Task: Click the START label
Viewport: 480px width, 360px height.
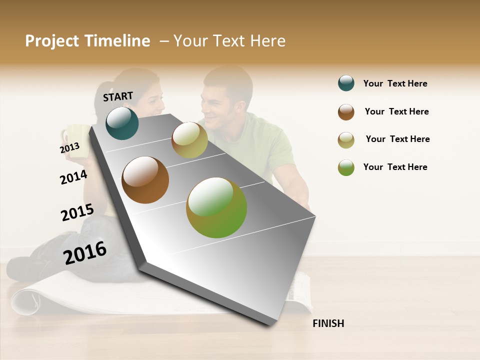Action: pos(118,96)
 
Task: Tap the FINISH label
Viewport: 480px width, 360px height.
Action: pos(328,323)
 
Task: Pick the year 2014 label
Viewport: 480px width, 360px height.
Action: pos(73,177)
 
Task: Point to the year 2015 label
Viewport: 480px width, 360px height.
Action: pos(77,212)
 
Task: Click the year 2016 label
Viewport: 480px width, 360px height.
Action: pos(85,252)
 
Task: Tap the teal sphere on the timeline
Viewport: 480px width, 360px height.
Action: pos(122,123)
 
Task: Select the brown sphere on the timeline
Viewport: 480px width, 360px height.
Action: pos(145,180)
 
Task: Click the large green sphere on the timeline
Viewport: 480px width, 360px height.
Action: pos(216,207)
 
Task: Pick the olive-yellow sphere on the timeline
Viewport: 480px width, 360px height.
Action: pos(189,140)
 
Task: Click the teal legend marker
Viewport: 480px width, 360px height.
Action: pos(346,83)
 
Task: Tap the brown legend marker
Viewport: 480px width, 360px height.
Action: pos(346,112)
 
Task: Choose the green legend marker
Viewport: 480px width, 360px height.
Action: pos(346,167)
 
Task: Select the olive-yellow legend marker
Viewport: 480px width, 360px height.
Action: pos(346,140)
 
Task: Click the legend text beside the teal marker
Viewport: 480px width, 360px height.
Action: pos(395,83)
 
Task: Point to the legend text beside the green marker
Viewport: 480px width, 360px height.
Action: pos(395,167)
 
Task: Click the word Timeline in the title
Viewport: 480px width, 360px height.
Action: pos(117,41)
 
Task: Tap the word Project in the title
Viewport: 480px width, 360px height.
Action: pos(52,41)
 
